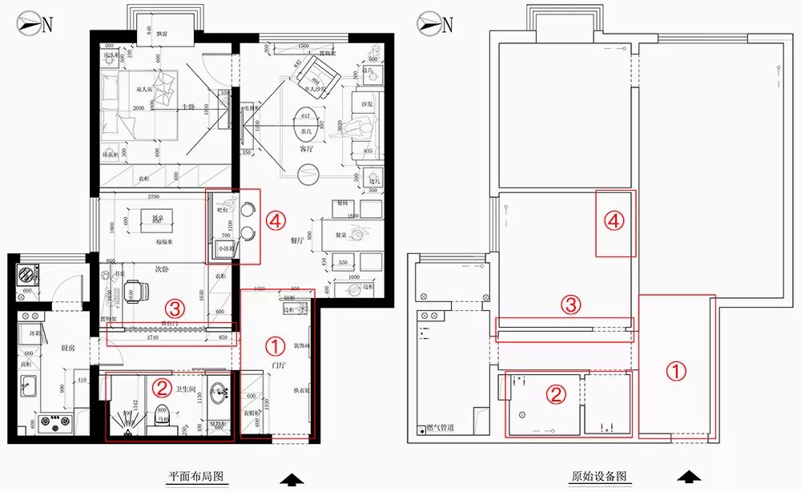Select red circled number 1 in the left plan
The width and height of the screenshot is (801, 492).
pos(274,346)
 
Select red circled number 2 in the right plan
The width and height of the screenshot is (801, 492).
pos(553,393)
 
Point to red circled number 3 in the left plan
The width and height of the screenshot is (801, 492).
pos(174,307)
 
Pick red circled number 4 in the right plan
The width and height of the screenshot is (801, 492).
pos(614,221)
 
